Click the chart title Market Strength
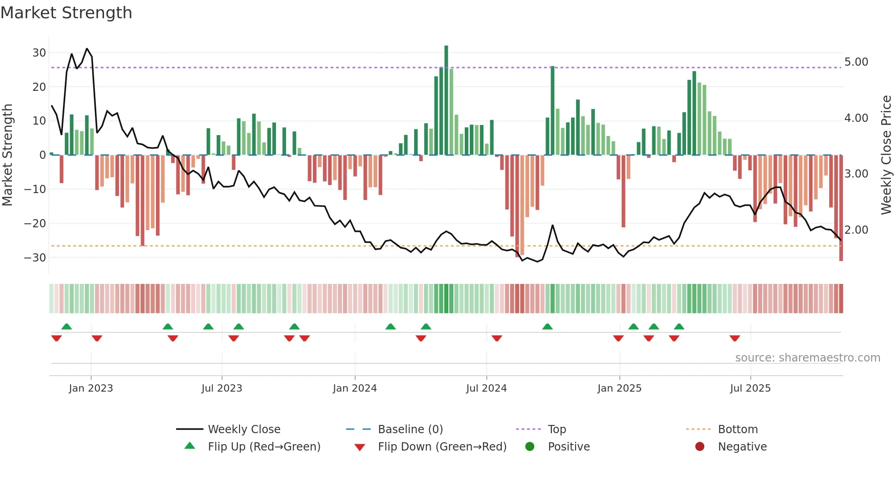(x=66, y=13)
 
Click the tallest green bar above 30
(x=446, y=100)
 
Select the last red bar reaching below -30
(x=841, y=208)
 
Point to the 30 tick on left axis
(x=39, y=53)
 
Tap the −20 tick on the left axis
(x=36, y=224)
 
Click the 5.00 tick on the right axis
(x=856, y=62)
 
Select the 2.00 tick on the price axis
(x=856, y=230)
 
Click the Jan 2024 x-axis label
(x=354, y=388)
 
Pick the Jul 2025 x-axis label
(x=750, y=388)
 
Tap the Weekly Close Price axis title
(x=886, y=155)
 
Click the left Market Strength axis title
(x=7, y=155)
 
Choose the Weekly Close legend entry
(x=244, y=430)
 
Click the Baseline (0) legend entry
(x=410, y=430)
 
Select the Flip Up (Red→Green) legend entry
(x=264, y=447)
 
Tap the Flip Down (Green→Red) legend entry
(x=442, y=447)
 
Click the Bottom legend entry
(x=738, y=430)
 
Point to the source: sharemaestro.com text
(x=807, y=358)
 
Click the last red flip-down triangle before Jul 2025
(x=734, y=338)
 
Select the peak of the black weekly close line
(x=87, y=49)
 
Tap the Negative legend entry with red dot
(x=742, y=447)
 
